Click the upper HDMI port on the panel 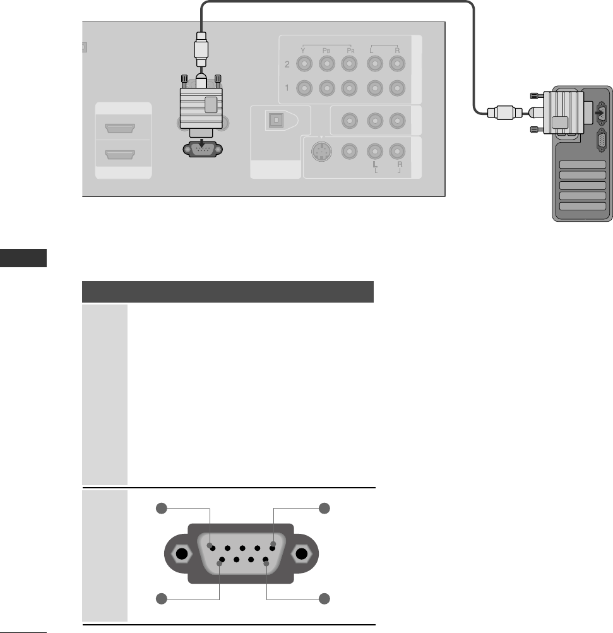(123, 130)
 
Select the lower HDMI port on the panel (123, 154)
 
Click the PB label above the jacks (326, 49)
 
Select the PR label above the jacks (348, 49)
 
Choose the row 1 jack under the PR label (348, 88)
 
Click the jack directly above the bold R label (396, 152)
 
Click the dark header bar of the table (229, 292)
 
